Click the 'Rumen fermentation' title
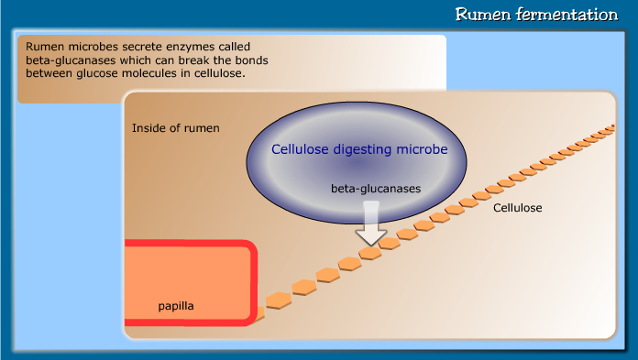click(536, 15)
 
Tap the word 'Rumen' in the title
click(480, 15)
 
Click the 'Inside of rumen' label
click(176, 127)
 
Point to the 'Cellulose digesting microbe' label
click(359, 149)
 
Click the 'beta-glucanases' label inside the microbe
click(376, 188)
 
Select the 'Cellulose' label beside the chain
click(518, 208)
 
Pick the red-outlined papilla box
click(188, 281)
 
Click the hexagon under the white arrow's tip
click(370, 253)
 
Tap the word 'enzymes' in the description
click(180, 46)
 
